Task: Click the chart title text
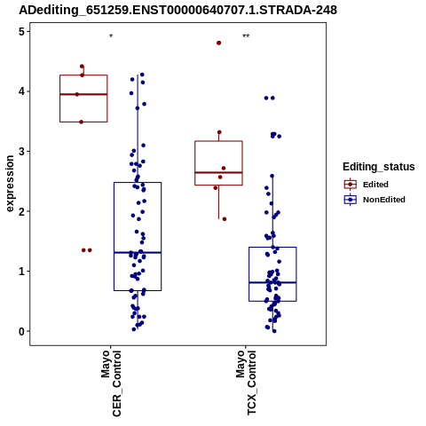[177, 10]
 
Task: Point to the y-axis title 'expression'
[10, 184]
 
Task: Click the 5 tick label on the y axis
[22, 32]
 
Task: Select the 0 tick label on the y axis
[22, 332]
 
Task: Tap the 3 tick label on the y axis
[22, 152]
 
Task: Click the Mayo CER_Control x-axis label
[111, 383]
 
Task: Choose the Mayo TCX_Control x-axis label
[246, 383]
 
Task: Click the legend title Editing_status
[378, 167]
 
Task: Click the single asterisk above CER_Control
[111, 36]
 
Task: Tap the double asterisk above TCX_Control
[246, 36]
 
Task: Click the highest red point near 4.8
[219, 43]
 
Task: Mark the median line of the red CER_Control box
[83, 94]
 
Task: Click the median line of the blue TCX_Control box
[272, 283]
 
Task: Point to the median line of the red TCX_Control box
[218, 172]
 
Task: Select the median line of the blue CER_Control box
[138, 253]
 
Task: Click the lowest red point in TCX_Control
[225, 219]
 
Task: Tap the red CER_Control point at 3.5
[82, 122]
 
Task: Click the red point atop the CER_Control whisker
[82, 67]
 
